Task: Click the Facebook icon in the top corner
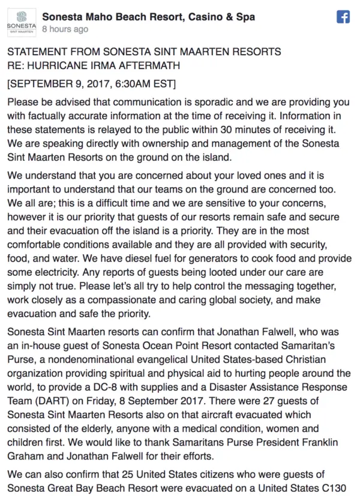click(x=343, y=17)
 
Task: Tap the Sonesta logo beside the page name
click(x=20, y=22)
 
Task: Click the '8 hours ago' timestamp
click(x=65, y=29)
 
